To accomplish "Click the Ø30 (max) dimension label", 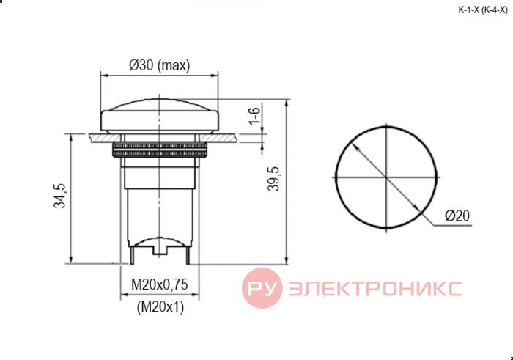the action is [x=159, y=65].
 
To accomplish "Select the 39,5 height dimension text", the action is [x=273, y=179].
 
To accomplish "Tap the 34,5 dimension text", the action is [x=59, y=196].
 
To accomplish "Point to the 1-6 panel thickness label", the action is [x=254, y=116].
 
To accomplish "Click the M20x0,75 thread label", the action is [x=160, y=284].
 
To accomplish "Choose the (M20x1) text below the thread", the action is [x=160, y=307].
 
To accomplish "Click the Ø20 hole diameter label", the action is [x=457, y=216].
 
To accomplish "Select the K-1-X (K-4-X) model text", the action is [x=483, y=10].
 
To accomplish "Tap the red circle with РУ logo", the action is [x=262, y=288].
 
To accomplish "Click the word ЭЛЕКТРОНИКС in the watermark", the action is [x=375, y=288].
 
